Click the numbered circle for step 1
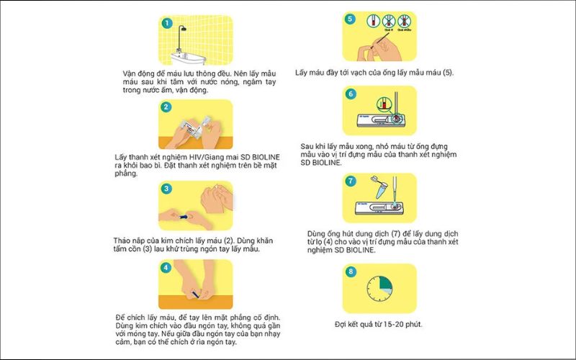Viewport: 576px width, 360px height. pos(167,23)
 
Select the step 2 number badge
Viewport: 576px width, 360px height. pos(166,107)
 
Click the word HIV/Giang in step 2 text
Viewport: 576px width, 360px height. pos(192,157)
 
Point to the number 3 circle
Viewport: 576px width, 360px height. pos(166,189)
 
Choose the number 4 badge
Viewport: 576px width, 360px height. pos(166,268)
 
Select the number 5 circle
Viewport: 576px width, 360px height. pos(351,19)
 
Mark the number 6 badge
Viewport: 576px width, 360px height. pos(351,94)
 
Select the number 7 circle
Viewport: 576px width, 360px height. pos(351,181)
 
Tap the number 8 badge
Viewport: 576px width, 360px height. pos(351,273)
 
